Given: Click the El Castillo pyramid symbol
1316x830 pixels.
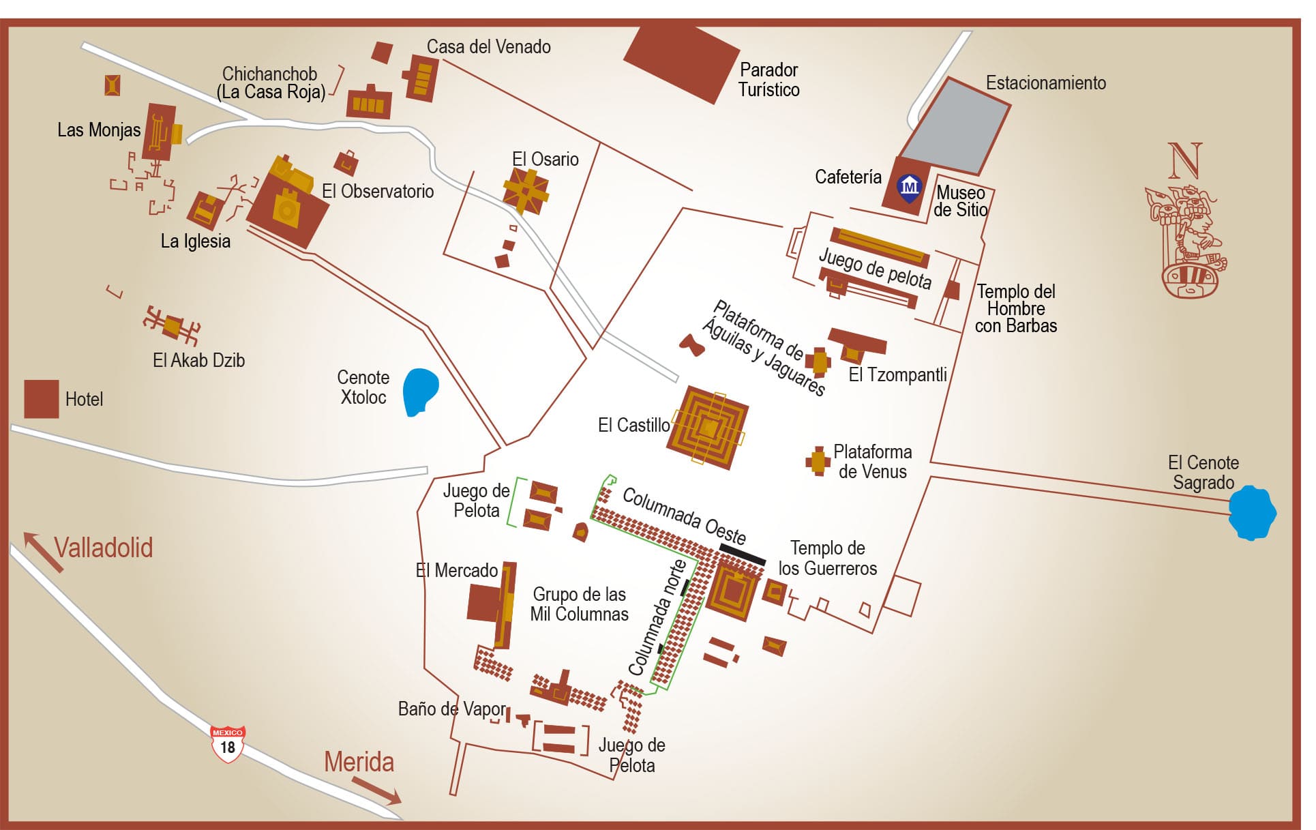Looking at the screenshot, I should tap(708, 428).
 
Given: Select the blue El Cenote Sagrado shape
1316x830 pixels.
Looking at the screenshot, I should tap(1252, 513).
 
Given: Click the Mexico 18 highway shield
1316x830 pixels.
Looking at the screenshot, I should tap(227, 743).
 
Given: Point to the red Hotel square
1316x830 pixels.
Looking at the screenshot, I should tap(42, 399).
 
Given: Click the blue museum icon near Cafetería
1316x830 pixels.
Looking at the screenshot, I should tap(910, 187).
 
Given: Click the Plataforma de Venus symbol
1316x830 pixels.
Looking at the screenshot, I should tap(818, 462).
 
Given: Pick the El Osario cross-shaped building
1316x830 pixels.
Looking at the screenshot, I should tap(526, 190).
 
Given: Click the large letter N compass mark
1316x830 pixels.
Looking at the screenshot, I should tap(1185, 161).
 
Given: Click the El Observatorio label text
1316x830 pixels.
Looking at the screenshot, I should tap(378, 191).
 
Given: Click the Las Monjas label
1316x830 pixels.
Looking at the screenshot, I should tap(99, 130).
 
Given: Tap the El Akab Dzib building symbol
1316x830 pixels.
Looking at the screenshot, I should tap(172, 326).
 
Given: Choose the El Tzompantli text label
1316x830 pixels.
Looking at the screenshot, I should tap(897, 374).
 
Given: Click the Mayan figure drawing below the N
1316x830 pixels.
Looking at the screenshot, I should tap(1186, 242).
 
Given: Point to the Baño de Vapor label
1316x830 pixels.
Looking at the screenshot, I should tap(451, 709).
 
